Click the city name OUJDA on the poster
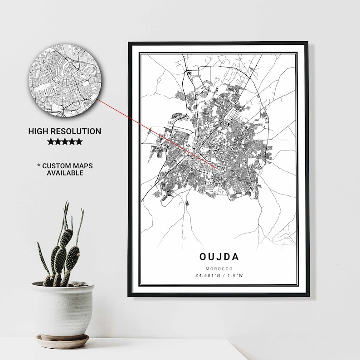click(x=219, y=257)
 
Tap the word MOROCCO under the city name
click(x=219, y=268)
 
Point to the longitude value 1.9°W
click(x=234, y=275)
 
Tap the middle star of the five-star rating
click(x=65, y=142)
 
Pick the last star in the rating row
click(x=79, y=142)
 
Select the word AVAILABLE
click(x=65, y=173)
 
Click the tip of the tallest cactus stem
click(x=67, y=203)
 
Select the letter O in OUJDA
click(x=203, y=257)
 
